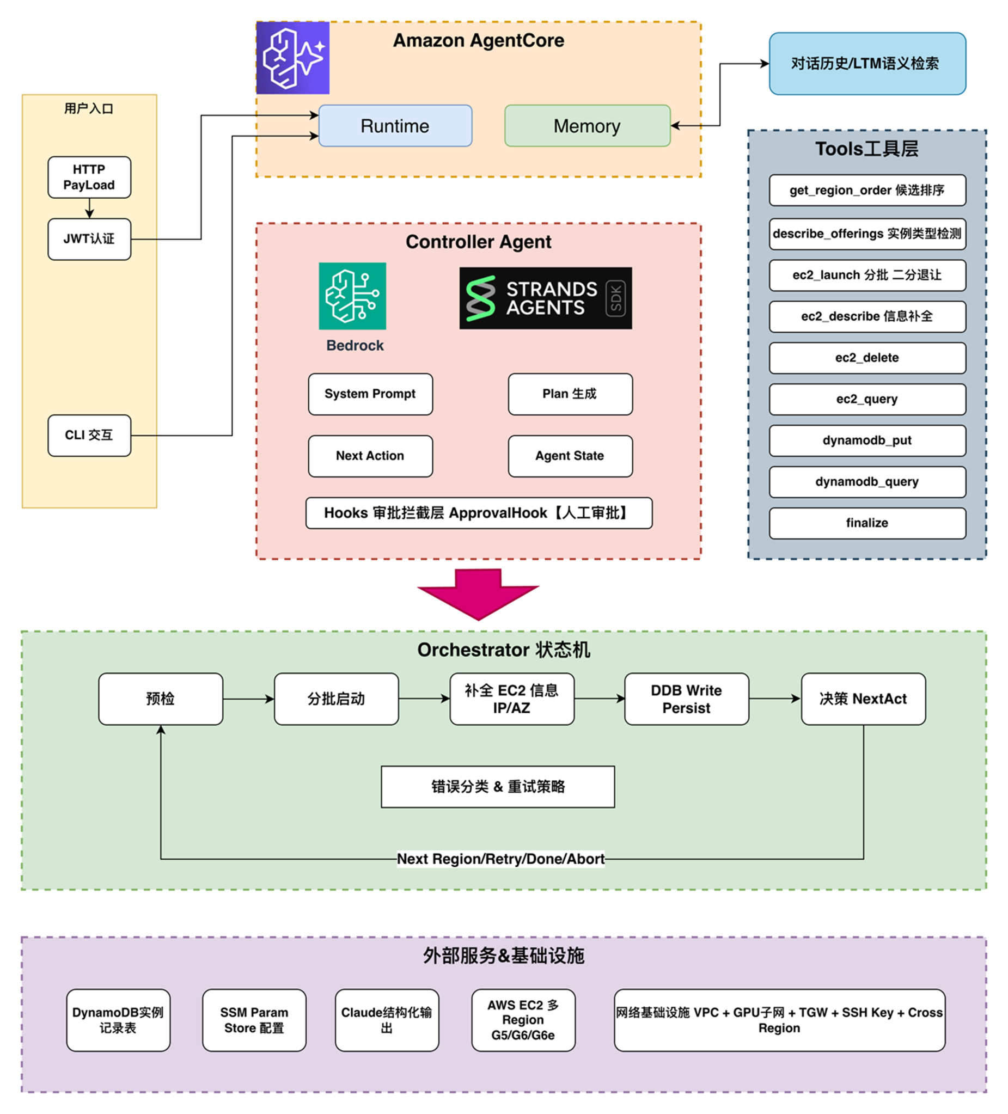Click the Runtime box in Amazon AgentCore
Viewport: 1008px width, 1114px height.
395,126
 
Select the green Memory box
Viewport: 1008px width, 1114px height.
587,126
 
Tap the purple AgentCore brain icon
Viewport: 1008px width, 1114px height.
293,58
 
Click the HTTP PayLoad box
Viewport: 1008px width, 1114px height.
89,177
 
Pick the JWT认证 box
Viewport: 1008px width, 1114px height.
89,238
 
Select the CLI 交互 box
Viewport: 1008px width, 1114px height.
89,435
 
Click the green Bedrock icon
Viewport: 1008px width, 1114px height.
352,296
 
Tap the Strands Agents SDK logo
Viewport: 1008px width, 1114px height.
545,298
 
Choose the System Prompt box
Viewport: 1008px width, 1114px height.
370,394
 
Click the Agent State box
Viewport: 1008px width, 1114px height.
570,456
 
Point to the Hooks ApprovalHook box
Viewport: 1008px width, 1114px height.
479,513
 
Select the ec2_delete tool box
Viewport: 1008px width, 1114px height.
866,358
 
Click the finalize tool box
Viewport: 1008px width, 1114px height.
866,523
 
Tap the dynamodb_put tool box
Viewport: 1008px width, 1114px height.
866,440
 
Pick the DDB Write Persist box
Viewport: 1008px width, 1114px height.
686,699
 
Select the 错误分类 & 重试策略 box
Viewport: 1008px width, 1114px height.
497,786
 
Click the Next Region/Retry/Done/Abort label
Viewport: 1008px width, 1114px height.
500,859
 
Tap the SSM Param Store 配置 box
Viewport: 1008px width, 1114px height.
254,1019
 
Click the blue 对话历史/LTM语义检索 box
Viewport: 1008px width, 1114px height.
866,64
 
